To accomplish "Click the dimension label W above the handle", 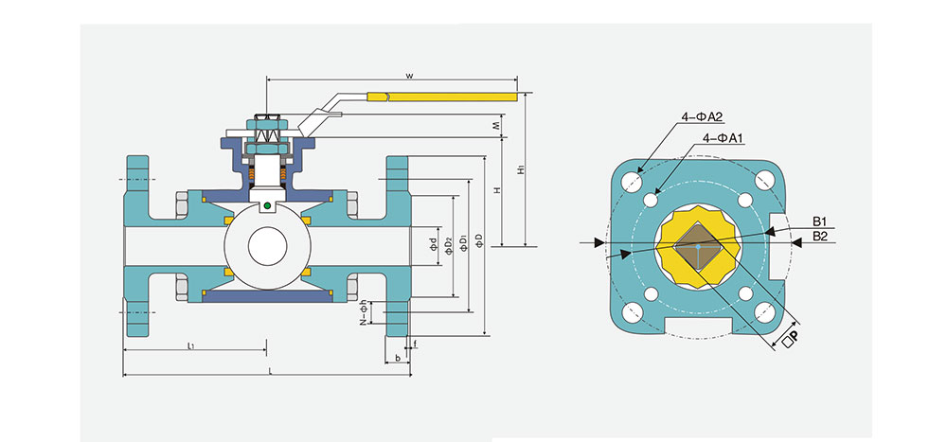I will click(x=408, y=74).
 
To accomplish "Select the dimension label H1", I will click(x=519, y=170).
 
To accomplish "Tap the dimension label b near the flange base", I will click(x=397, y=358).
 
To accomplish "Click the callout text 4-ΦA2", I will click(x=702, y=117).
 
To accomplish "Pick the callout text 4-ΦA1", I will click(x=724, y=138).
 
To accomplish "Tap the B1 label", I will click(x=820, y=222).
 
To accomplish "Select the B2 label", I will click(x=820, y=237).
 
